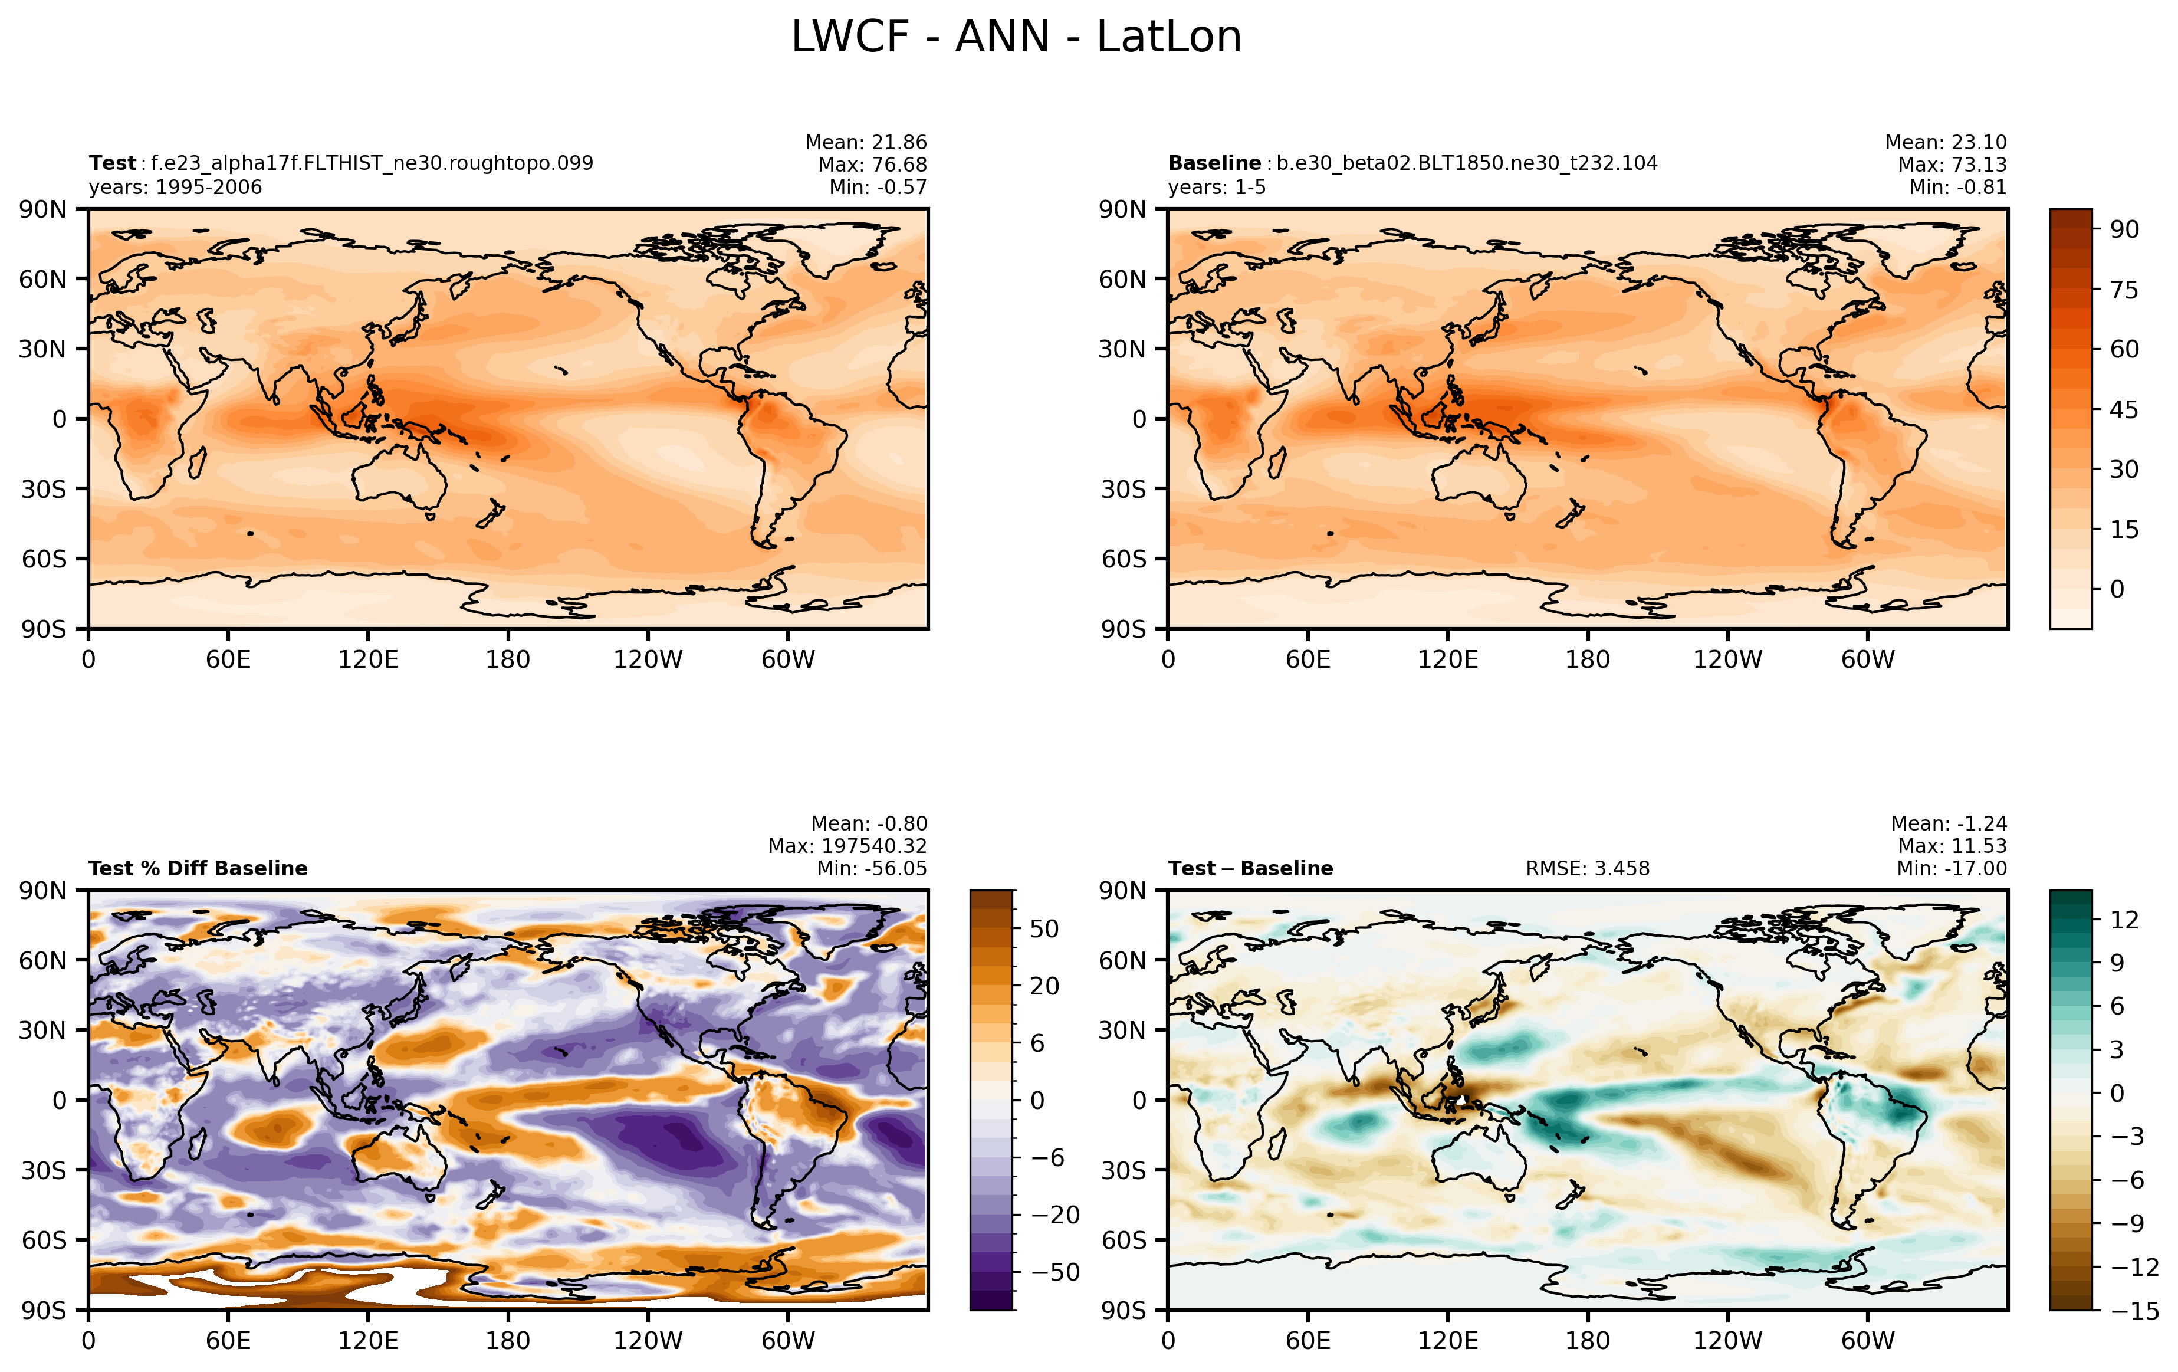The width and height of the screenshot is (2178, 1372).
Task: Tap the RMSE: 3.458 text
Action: (1588, 868)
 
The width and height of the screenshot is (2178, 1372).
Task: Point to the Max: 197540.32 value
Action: (847, 846)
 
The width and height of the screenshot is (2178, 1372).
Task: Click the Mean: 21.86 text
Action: (866, 142)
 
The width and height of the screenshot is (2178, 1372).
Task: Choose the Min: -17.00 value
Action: (1952, 868)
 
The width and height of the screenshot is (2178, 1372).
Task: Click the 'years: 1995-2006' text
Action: (176, 187)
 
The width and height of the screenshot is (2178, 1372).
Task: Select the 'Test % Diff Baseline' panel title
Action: (198, 868)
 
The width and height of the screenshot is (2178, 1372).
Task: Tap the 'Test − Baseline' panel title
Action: (1251, 868)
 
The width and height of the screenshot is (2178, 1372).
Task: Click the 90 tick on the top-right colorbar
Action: (2125, 229)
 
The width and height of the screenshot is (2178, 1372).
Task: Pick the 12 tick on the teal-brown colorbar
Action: (2125, 920)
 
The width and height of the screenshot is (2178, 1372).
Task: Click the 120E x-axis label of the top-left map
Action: (368, 659)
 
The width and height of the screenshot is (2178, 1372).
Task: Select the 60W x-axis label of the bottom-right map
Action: (1868, 1340)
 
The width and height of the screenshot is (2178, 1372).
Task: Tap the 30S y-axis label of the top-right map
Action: (1124, 490)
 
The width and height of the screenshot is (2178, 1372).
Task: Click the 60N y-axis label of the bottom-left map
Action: (42, 960)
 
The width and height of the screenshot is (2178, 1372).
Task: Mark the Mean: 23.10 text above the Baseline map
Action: (1946, 142)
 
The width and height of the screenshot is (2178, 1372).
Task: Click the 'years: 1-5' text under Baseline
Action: (1217, 187)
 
